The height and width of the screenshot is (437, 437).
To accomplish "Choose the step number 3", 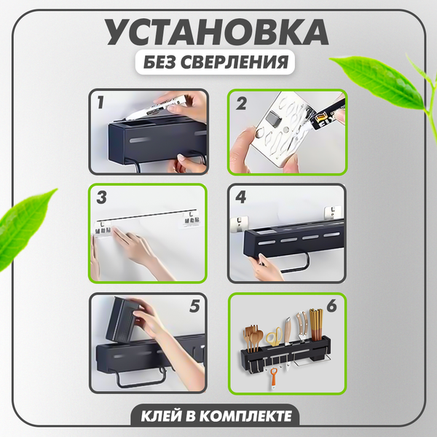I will pos(102,198).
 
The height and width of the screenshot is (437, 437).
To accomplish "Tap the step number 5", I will pos(193,307).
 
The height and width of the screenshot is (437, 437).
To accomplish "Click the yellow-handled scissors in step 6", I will pos(272,334).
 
